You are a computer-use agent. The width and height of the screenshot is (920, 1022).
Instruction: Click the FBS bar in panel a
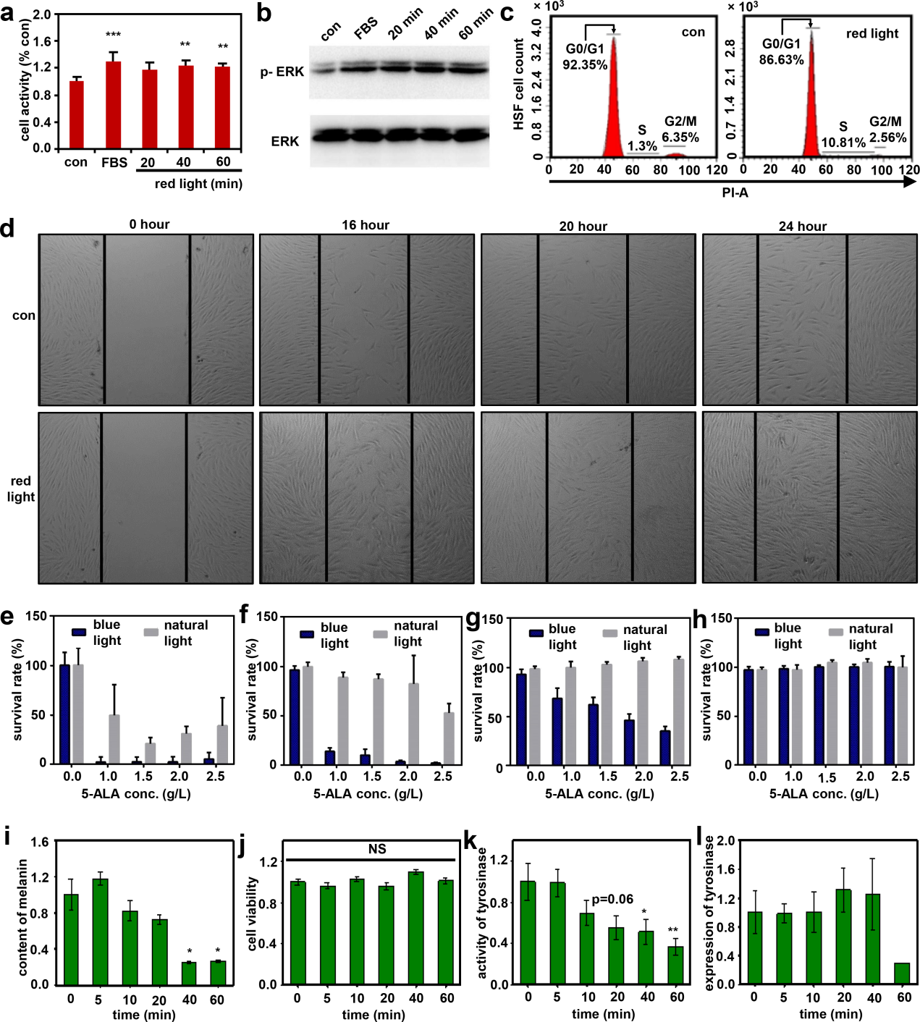click(113, 106)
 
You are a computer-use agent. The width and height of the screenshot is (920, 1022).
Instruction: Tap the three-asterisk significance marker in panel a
click(113, 35)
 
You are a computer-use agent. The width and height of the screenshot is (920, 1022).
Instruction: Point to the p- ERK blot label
click(282, 72)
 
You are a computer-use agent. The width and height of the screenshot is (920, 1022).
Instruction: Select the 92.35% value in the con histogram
click(585, 64)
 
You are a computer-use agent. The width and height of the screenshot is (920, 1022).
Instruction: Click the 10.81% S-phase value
click(843, 143)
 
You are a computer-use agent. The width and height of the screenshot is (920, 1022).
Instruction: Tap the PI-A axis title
click(735, 193)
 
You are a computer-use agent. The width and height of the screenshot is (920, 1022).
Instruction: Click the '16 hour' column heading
click(366, 225)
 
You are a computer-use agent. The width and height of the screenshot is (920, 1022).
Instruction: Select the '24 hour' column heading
click(802, 227)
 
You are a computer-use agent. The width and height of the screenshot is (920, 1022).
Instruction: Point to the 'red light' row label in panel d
click(21, 489)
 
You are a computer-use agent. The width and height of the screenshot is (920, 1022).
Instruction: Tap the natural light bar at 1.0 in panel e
click(114, 739)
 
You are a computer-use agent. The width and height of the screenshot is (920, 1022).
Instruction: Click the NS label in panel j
click(377, 849)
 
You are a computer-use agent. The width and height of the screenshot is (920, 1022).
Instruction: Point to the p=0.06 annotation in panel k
click(612, 900)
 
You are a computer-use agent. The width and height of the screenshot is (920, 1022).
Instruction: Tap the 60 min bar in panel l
click(902, 974)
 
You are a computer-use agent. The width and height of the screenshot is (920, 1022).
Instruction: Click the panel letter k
click(470, 841)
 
